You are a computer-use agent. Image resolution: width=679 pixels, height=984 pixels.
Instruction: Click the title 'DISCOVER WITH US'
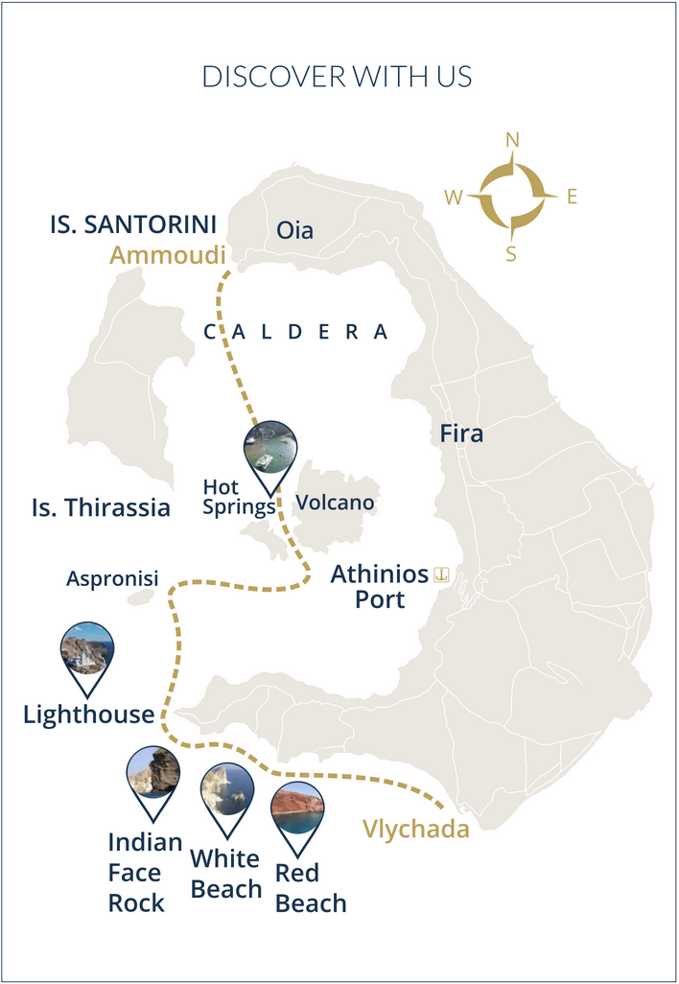click(338, 77)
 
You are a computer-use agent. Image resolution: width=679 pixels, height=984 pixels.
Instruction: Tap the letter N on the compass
click(512, 140)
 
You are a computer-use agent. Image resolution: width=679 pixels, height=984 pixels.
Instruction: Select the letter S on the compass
click(511, 254)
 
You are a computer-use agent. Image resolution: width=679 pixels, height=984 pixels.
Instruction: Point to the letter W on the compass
click(454, 198)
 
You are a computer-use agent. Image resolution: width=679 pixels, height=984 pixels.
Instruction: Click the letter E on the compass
click(572, 198)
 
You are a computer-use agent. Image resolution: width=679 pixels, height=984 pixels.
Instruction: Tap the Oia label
click(294, 230)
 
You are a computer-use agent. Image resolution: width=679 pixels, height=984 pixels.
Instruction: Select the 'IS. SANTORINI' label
click(133, 224)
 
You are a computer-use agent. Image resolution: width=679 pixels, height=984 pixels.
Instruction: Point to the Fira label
click(461, 433)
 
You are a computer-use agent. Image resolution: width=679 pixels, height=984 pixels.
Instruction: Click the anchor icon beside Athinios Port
click(442, 574)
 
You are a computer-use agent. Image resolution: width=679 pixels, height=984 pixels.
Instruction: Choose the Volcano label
click(335, 503)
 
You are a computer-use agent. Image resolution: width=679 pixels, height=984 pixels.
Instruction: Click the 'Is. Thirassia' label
click(101, 507)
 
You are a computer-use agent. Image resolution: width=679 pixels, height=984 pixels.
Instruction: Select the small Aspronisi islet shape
click(140, 597)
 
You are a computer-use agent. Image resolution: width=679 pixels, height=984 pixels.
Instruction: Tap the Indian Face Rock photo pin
click(153, 773)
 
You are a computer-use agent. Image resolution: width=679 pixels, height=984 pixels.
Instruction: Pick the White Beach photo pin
click(226, 790)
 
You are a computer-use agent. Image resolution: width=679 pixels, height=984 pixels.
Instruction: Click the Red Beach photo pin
click(296, 809)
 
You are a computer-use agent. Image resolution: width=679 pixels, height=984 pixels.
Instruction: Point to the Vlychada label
click(416, 829)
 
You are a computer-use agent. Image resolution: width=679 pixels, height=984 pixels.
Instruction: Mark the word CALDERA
click(296, 332)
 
